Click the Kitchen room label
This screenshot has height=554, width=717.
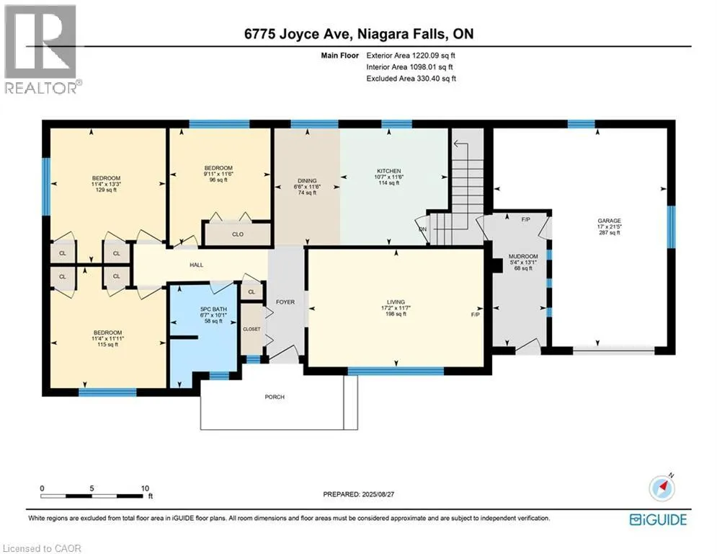pyautogui.click(x=389, y=171)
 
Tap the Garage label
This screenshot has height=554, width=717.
pyautogui.click(x=609, y=221)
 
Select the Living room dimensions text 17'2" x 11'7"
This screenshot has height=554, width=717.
pyautogui.click(x=396, y=308)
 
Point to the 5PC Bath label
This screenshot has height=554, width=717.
pyautogui.click(x=213, y=309)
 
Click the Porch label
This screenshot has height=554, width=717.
pyautogui.click(x=275, y=397)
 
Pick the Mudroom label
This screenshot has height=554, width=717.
pyautogui.click(x=524, y=256)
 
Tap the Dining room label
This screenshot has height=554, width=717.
pyautogui.click(x=307, y=181)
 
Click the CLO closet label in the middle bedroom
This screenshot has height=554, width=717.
pyautogui.click(x=238, y=234)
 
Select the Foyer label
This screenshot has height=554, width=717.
pyautogui.click(x=285, y=302)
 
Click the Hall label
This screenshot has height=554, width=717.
pyautogui.click(x=197, y=265)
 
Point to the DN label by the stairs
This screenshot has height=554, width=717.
pyautogui.click(x=422, y=229)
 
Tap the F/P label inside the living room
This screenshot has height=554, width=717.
pyautogui.click(x=476, y=315)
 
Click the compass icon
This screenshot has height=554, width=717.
pyautogui.click(x=662, y=488)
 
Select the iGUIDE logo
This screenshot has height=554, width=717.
pyautogui.click(x=658, y=519)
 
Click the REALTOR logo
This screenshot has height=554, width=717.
pyautogui.click(x=42, y=48)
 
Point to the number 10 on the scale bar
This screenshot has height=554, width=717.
pyautogui.click(x=145, y=488)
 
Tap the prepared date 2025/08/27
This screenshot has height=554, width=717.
pyautogui.click(x=378, y=494)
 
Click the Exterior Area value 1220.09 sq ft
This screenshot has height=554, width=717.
pyautogui.click(x=434, y=56)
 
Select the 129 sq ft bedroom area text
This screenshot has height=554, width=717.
pyautogui.click(x=106, y=190)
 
